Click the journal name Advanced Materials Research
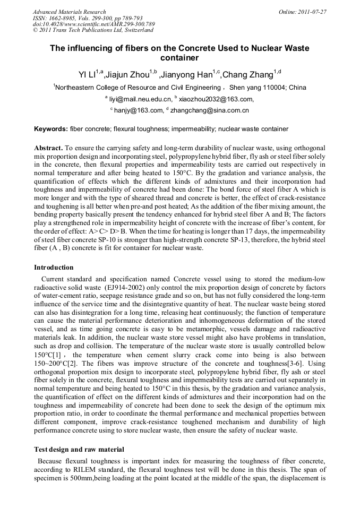[69, 12]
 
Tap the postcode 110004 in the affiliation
[273, 88]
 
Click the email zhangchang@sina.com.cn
[210, 110]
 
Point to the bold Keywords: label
[51, 129]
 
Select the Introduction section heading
[54, 267]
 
